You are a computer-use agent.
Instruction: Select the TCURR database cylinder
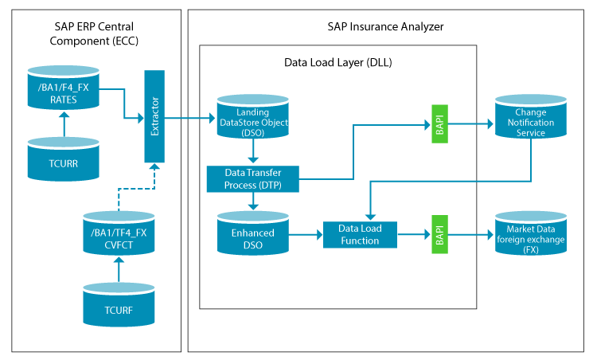tap(64, 159)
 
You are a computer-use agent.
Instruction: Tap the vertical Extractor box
tap(154, 116)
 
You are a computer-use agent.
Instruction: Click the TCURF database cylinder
tap(119, 304)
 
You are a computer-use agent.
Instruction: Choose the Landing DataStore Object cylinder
tap(253, 116)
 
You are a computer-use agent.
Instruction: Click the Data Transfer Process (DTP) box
tap(253, 179)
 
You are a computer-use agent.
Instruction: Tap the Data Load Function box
tap(360, 235)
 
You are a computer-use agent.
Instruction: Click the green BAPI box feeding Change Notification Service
tap(440, 123)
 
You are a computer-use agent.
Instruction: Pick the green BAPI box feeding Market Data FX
tap(440, 234)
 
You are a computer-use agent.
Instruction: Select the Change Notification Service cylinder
tap(531, 116)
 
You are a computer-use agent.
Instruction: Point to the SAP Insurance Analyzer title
tap(385, 26)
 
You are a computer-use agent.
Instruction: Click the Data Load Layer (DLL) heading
tap(338, 62)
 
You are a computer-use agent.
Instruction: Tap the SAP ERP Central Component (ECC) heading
tap(94, 33)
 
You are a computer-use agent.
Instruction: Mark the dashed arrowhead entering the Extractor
tap(154, 166)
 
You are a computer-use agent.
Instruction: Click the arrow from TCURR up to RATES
tap(64, 123)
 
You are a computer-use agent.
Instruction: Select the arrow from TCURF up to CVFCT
tap(119, 269)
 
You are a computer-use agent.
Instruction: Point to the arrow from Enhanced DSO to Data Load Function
tap(306, 235)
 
